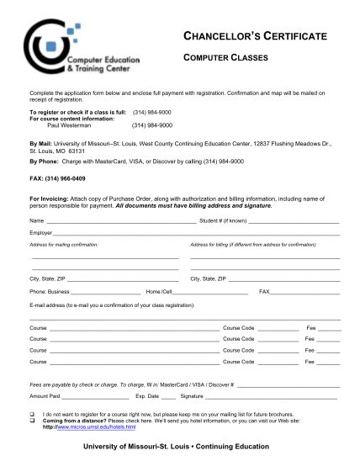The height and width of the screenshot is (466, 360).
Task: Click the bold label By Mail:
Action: point(42,144)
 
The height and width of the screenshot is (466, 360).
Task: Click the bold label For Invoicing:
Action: point(52,197)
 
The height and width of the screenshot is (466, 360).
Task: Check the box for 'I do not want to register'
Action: point(31,415)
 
